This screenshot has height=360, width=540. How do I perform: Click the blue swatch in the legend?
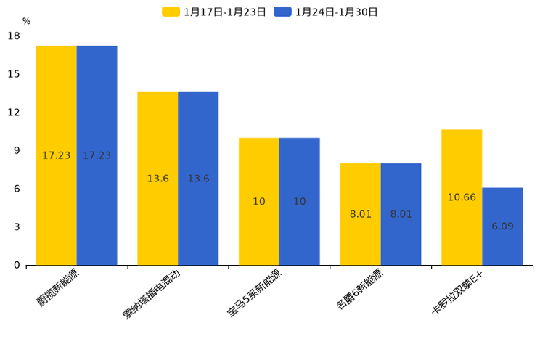tap(282, 12)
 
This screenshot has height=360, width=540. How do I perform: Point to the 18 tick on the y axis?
tap(13, 36)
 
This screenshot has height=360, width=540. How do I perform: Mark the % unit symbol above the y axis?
tap(26, 21)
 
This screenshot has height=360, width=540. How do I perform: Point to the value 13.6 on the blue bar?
tap(198, 179)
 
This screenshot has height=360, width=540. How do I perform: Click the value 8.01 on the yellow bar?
tap(360, 214)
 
